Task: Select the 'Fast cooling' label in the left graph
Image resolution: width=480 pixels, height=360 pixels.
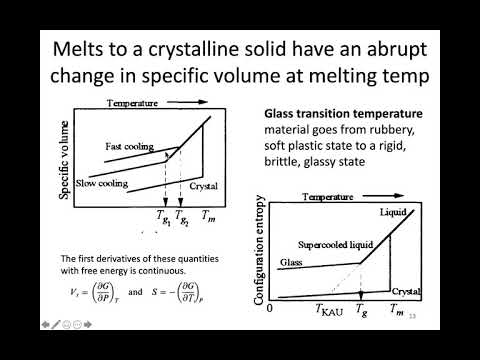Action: pos(129,146)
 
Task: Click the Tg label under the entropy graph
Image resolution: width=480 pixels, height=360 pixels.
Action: pos(362,310)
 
